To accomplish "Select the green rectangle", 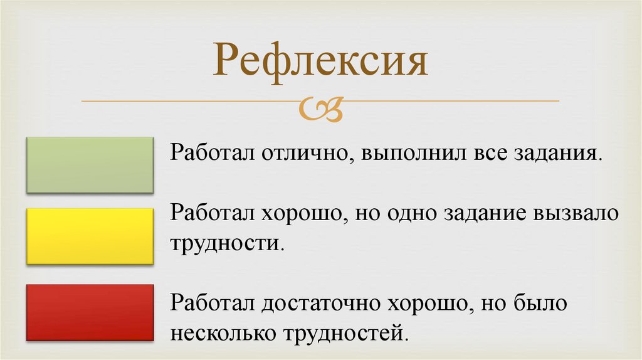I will [90, 165].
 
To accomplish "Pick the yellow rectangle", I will [90, 236].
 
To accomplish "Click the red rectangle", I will [90, 312].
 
